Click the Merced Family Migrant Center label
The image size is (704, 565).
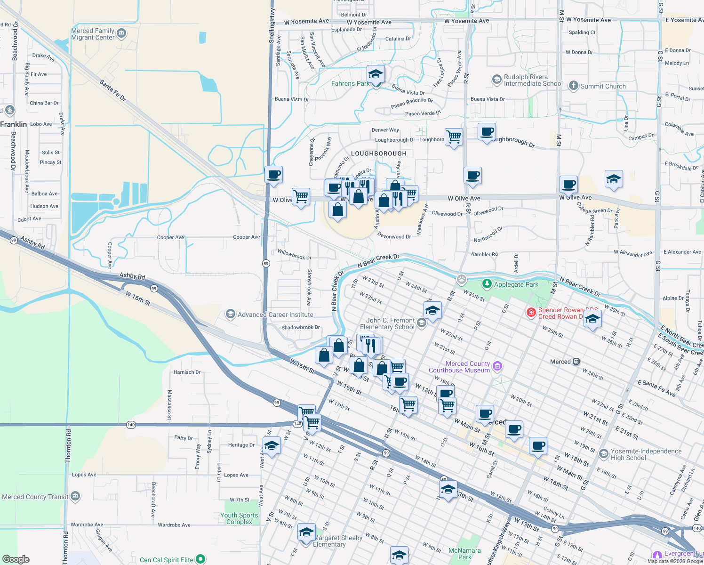click(93, 34)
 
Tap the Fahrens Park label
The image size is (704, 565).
click(350, 83)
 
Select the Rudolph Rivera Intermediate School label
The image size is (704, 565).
click(533, 80)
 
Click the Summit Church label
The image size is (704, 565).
click(603, 86)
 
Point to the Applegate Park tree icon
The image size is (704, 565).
click(487, 284)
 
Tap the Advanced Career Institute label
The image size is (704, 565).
click(275, 315)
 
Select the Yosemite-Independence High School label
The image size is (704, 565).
click(646, 454)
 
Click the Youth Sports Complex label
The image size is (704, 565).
click(239, 518)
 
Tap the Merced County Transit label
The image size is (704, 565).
click(35, 497)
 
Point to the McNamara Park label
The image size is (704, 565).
click(464, 554)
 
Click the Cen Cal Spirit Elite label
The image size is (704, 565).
click(167, 560)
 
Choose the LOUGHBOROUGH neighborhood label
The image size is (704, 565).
click(378, 153)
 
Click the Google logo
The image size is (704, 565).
click(16, 559)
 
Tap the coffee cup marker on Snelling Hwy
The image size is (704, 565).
click(273, 175)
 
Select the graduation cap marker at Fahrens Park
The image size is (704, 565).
click(376, 74)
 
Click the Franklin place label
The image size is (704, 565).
click(14, 124)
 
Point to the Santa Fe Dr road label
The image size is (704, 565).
click(113, 90)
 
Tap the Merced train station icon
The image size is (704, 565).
click(576, 362)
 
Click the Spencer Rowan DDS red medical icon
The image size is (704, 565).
click(531, 312)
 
